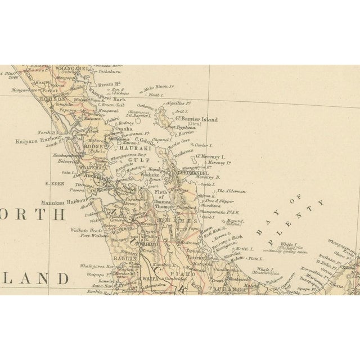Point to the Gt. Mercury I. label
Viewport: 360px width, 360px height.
209,156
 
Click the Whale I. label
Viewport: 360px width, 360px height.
265,269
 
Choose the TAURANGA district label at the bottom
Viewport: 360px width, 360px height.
220,289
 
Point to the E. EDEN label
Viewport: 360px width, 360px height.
52,182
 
